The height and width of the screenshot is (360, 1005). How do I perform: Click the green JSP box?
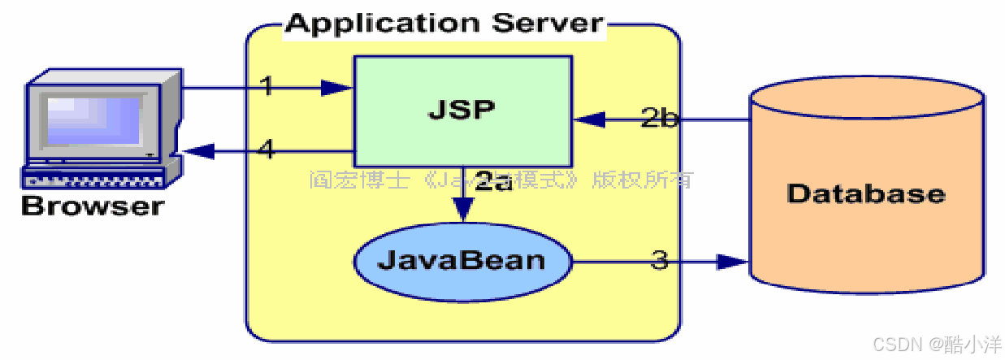point(461,110)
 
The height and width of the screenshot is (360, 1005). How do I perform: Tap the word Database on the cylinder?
point(866,194)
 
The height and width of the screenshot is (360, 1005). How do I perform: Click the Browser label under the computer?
point(92,206)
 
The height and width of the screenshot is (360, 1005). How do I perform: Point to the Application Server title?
point(444,24)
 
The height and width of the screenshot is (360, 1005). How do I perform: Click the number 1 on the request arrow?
point(266,85)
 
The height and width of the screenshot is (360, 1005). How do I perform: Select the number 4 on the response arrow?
point(266,150)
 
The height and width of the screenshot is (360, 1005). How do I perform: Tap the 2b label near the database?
point(659,119)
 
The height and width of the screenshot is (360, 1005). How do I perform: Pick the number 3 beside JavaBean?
point(661,260)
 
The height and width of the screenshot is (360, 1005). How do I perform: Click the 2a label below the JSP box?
point(494,181)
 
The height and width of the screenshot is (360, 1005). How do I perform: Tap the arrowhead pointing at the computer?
point(197,151)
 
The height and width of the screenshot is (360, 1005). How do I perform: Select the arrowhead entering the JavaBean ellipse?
point(463,210)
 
